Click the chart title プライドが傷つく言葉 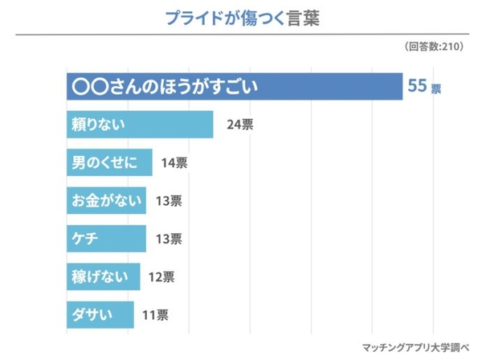point(241,18)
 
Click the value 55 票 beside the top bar point(424,87)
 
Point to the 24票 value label point(240,125)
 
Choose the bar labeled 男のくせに point(108,163)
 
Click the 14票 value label point(174,163)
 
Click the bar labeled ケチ point(105,239)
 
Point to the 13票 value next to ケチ point(168,239)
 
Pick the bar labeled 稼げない point(103,276)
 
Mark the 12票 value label point(161,276)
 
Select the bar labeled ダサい point(100,314)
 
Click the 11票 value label point(155,314)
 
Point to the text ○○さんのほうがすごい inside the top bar point(165,87)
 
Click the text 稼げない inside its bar point(99,276)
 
